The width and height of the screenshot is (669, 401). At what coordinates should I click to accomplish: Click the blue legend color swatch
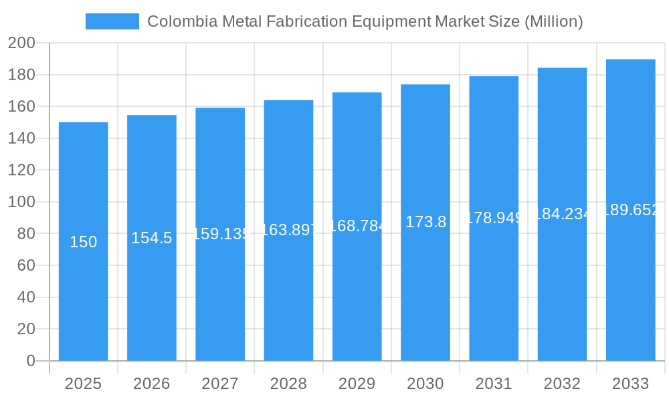point(112,21)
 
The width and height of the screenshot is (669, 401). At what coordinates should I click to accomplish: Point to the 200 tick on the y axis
point(21,43)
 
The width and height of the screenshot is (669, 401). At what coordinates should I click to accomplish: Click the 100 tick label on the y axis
point(21,202)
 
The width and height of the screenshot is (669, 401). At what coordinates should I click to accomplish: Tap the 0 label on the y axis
point(31,361)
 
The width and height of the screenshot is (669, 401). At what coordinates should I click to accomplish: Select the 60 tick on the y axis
point(25,265)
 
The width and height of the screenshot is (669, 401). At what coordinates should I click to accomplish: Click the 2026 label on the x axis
point(152,384)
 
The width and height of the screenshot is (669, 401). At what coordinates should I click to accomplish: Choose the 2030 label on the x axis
point(425,384)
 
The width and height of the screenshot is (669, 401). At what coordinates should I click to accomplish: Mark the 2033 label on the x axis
point(630,384)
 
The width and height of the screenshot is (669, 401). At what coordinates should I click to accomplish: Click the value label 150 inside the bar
point(84,242)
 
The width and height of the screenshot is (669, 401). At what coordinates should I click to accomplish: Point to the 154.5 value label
point(152,238)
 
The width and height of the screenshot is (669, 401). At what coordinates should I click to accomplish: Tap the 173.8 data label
point(425,222)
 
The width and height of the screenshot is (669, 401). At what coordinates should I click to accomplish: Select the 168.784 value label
point(357,226)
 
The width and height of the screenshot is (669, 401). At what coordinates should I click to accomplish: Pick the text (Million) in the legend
point(554,21)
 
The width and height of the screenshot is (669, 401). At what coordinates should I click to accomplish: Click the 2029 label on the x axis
point(357,384)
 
